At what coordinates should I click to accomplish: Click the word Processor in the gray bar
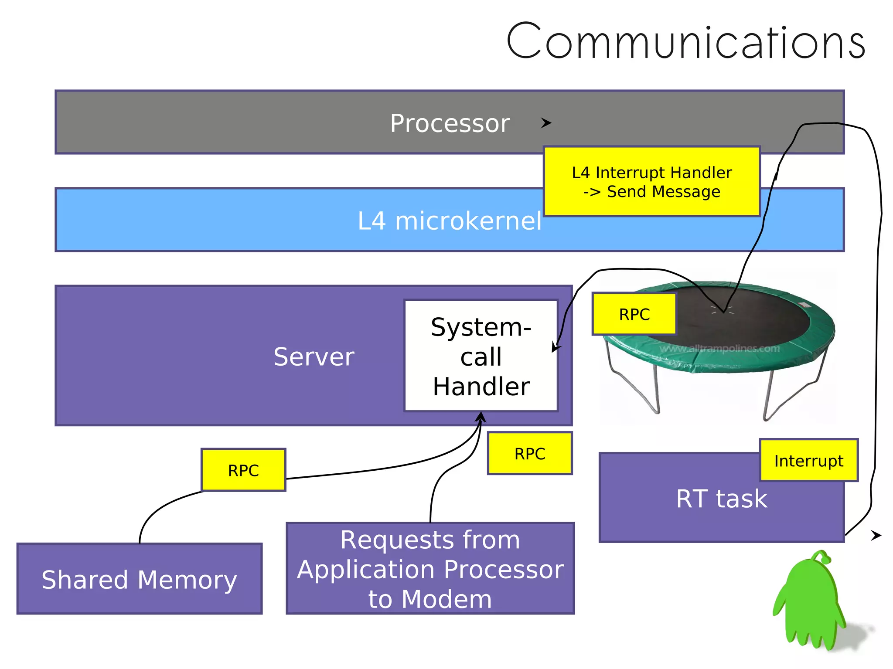point(450,123)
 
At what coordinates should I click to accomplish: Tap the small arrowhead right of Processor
point(546,123)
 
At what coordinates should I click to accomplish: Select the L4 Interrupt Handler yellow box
point(651,182)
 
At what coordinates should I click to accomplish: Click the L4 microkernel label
point(449,221)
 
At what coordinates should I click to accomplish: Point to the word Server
point(314,357)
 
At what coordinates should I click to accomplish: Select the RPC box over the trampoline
point(634,314)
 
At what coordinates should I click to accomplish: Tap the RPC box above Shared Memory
point(243,470)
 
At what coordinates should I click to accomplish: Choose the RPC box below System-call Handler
point(529,454)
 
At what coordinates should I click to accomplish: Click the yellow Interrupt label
point(808,461)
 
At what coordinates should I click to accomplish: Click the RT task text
point(721,499)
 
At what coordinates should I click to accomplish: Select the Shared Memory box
point(140,579)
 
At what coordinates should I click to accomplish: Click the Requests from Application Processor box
point(430,569)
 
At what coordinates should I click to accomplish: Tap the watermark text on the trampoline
point(719,349)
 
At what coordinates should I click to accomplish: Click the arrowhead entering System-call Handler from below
point(481,417)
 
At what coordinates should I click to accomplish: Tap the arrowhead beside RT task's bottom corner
point(876,535)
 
